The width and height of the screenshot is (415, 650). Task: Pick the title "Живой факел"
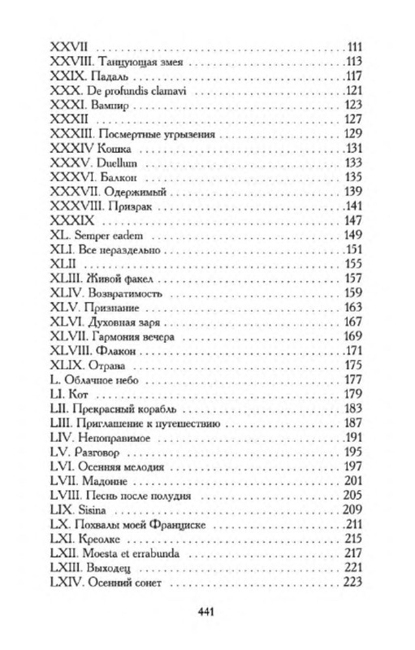tap(121, 279)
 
